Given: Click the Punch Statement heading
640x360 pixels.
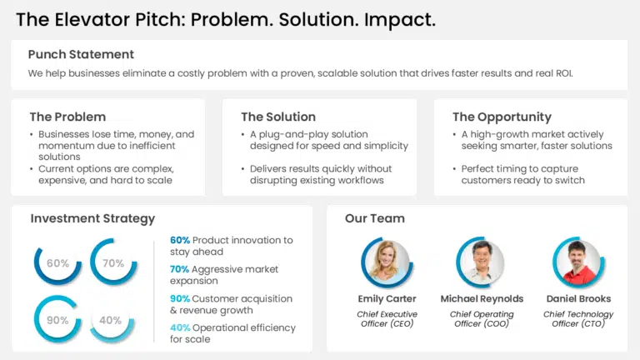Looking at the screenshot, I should [x=81, y=54].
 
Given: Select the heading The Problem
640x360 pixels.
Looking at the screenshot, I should [x=67, y=117].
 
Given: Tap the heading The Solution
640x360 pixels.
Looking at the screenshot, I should [x=278, y=117].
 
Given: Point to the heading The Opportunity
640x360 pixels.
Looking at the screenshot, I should [x=502, y=117].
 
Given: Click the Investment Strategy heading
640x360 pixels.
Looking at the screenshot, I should [x=92, y=218].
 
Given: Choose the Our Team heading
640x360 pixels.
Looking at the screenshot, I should [x=375, y=218].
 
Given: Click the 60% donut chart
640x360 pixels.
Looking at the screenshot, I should [x=57, y=263].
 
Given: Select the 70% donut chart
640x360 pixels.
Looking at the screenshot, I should [x=112, y=263].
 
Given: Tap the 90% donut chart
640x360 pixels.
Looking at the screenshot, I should [x=57, y=320].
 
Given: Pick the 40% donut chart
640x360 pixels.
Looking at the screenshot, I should [x=112, y=320].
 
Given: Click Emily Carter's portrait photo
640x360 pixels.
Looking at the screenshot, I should [x=387, y=262].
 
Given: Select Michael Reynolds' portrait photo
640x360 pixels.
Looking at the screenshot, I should [x=482, y=262].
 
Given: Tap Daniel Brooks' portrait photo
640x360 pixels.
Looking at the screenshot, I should [x=578, y=262].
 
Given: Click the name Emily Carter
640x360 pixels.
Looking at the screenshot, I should [x=387, y=298].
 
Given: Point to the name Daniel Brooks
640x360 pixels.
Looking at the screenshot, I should [x=578, y=298].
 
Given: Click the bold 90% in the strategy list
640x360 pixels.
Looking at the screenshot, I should [x=180, y=298].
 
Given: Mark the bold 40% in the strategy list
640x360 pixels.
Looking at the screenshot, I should [x=180, y=327].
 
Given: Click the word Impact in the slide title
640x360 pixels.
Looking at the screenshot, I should [x=398, y=19].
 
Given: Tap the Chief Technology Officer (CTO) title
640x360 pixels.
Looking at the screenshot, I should [x=578, y=318].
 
